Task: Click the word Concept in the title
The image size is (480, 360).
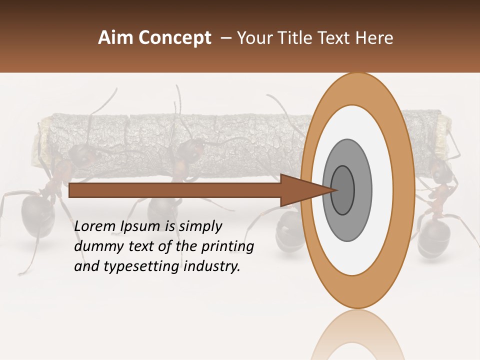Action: (x=175, y=38)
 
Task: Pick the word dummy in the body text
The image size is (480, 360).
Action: (x=96, y=246)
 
